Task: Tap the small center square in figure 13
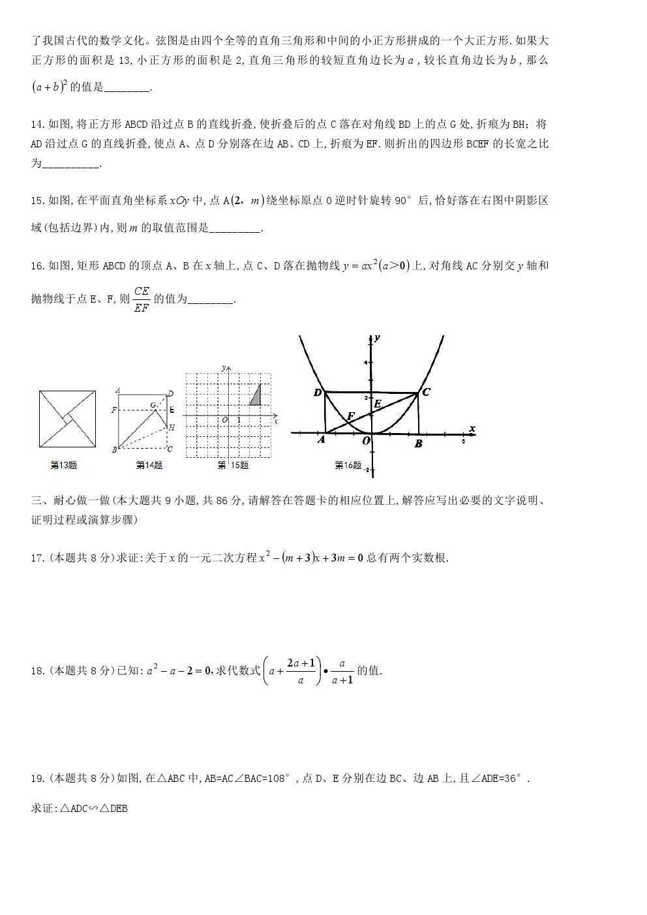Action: [67, 419]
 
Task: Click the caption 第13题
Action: [64, 466]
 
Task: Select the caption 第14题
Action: [149, 466]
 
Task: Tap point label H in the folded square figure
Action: [172, 427]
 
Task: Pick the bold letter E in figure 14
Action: [172, 410]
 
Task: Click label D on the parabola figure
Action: [318, 393]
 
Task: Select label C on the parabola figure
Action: [426, 392]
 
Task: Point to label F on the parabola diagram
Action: [350, 416]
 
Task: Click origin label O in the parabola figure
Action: [367, 442]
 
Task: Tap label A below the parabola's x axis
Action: [321, 440]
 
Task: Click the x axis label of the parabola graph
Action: [472, 428]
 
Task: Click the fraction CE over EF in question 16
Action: [142, 299]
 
